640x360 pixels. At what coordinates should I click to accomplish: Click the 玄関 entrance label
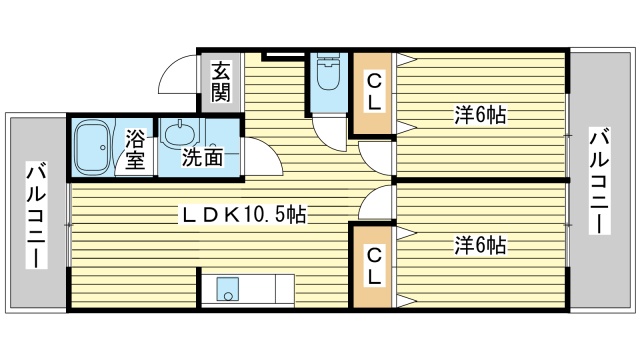[x=220, y=83]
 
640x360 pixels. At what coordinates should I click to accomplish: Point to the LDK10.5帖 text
[x=243, y=213]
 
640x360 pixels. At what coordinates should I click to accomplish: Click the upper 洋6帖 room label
[x=479, y=115]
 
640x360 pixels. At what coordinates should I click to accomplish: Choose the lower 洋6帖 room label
[x=479, y=244]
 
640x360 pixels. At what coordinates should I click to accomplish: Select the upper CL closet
[x=372, y=91]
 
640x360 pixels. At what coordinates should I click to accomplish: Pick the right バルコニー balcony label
[x=597, y=180]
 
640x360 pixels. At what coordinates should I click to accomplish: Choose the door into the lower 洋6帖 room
[x=377, y=204]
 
